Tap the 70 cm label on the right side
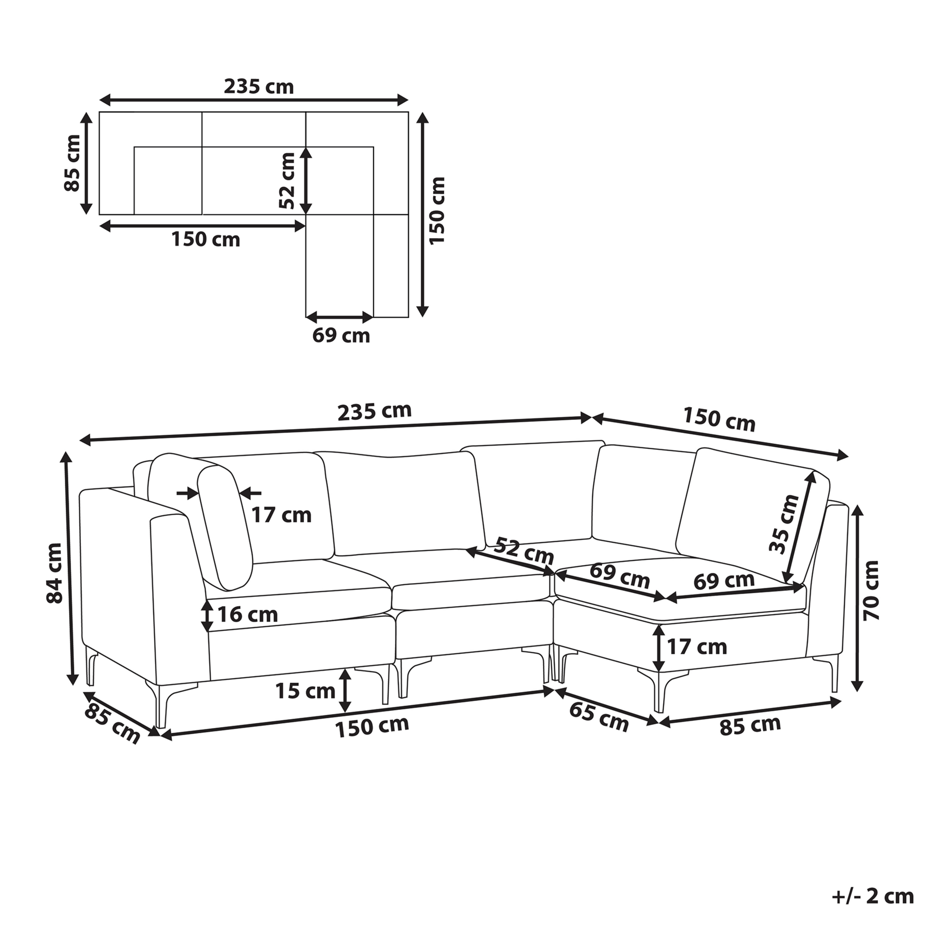click(871, 590)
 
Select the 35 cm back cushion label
click(784, 525)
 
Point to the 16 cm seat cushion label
click(248, 614)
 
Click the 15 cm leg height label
click(305, 691)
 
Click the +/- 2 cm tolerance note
click(872, 896)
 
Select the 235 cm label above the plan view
click(258, 86)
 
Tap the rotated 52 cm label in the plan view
click(286, 181)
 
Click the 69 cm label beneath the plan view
click(341, 336)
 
